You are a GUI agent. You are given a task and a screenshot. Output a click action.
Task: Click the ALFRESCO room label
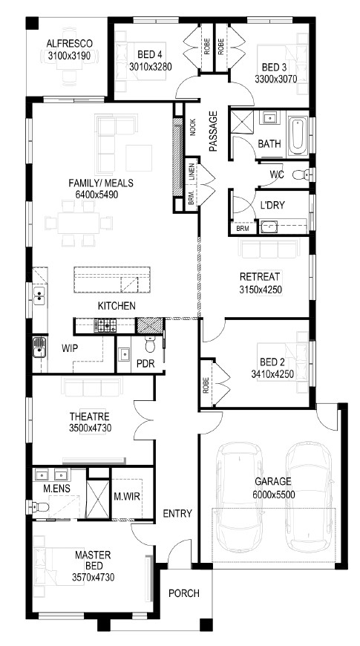click(69, 43)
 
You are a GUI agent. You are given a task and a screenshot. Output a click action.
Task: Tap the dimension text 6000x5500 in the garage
click(274, 495)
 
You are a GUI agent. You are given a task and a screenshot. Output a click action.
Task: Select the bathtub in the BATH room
click(297, 134)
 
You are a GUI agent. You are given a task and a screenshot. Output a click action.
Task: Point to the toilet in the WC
click(301, 175)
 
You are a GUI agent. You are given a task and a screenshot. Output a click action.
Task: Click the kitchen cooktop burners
click(105, 326)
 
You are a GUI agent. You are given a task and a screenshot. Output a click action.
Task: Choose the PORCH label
click(184, 593)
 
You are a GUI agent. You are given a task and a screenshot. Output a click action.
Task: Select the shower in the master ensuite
click(98, 499)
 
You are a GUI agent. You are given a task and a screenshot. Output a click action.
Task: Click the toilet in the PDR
click(150, 345)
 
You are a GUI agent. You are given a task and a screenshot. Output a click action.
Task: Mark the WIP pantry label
click(70, 348)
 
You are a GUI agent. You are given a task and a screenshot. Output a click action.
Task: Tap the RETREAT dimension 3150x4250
click(261, 290)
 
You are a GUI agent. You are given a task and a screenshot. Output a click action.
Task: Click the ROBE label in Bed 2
click(206, 385)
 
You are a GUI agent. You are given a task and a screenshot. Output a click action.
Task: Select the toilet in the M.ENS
click(38, 506)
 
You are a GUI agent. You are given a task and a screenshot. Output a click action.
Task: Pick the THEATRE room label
click(89, 416)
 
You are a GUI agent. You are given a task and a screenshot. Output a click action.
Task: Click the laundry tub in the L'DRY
click(269, 226)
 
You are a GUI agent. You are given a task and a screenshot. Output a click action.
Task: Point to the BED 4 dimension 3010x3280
click(151, 66)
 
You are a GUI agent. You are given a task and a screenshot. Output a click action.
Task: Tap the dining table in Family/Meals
click(79, 223)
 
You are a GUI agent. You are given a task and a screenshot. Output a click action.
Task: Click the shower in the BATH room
click(242, 121)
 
